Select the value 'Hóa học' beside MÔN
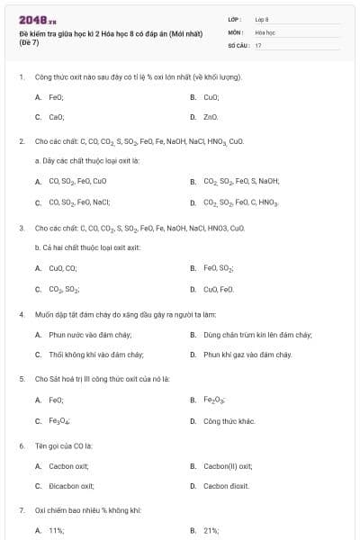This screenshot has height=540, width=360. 265,31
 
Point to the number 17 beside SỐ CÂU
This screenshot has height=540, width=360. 258,44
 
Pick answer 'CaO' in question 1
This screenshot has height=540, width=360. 56,117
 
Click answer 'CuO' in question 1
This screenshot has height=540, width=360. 211,96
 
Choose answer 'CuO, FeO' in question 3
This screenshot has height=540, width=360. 219,289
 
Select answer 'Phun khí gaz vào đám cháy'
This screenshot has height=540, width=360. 247,355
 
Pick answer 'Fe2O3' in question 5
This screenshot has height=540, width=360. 214,400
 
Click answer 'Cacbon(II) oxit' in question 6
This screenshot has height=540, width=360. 228,465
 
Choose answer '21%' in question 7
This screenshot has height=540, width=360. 211,531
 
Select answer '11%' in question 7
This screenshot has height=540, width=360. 56,531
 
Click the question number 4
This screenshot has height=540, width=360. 22,315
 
